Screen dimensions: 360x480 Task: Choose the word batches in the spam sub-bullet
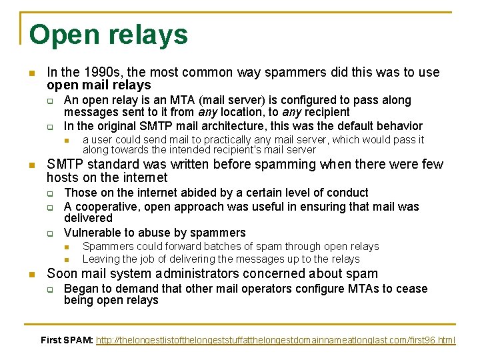pyautogui.click(x=217, y=247)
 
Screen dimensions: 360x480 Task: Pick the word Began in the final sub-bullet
pyautogui.click(x=79, y=289)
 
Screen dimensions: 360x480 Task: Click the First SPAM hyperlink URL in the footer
pyautogui.click(x=275, y=340)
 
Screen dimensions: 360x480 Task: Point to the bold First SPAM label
pyautogui.click(x=67, y=340)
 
